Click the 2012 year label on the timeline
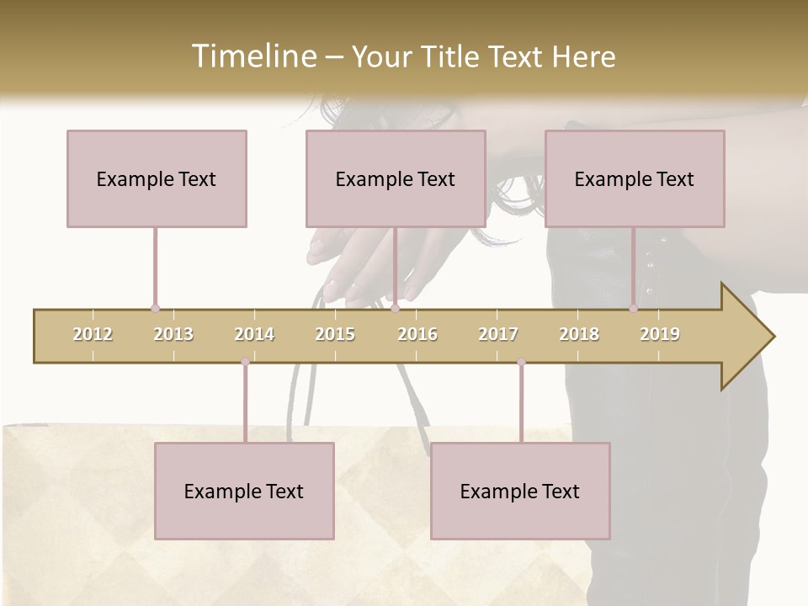(x=93, y=334)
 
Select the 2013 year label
(x=173, y=334)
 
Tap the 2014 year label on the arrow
(x=254, y=334)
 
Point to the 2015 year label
(x=335, y=334)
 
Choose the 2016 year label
(x=417, y=334)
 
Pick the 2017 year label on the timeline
(x=498, y=334)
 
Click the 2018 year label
(x=579, y=334)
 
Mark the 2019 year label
(x=660, y=334)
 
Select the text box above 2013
(x=157, y=178)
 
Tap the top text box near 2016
(x=396, y=178)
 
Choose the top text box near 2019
(x=635, y=178)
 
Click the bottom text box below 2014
(x=244, y=491)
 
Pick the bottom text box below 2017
(x=520, y=491)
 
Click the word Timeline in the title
(x=253, y=56)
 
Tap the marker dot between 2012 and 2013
(x=155, y=309)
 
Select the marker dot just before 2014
(x=245, y=362)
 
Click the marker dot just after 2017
(x=521, y=362)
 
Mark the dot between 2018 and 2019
(x=634, y=309)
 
